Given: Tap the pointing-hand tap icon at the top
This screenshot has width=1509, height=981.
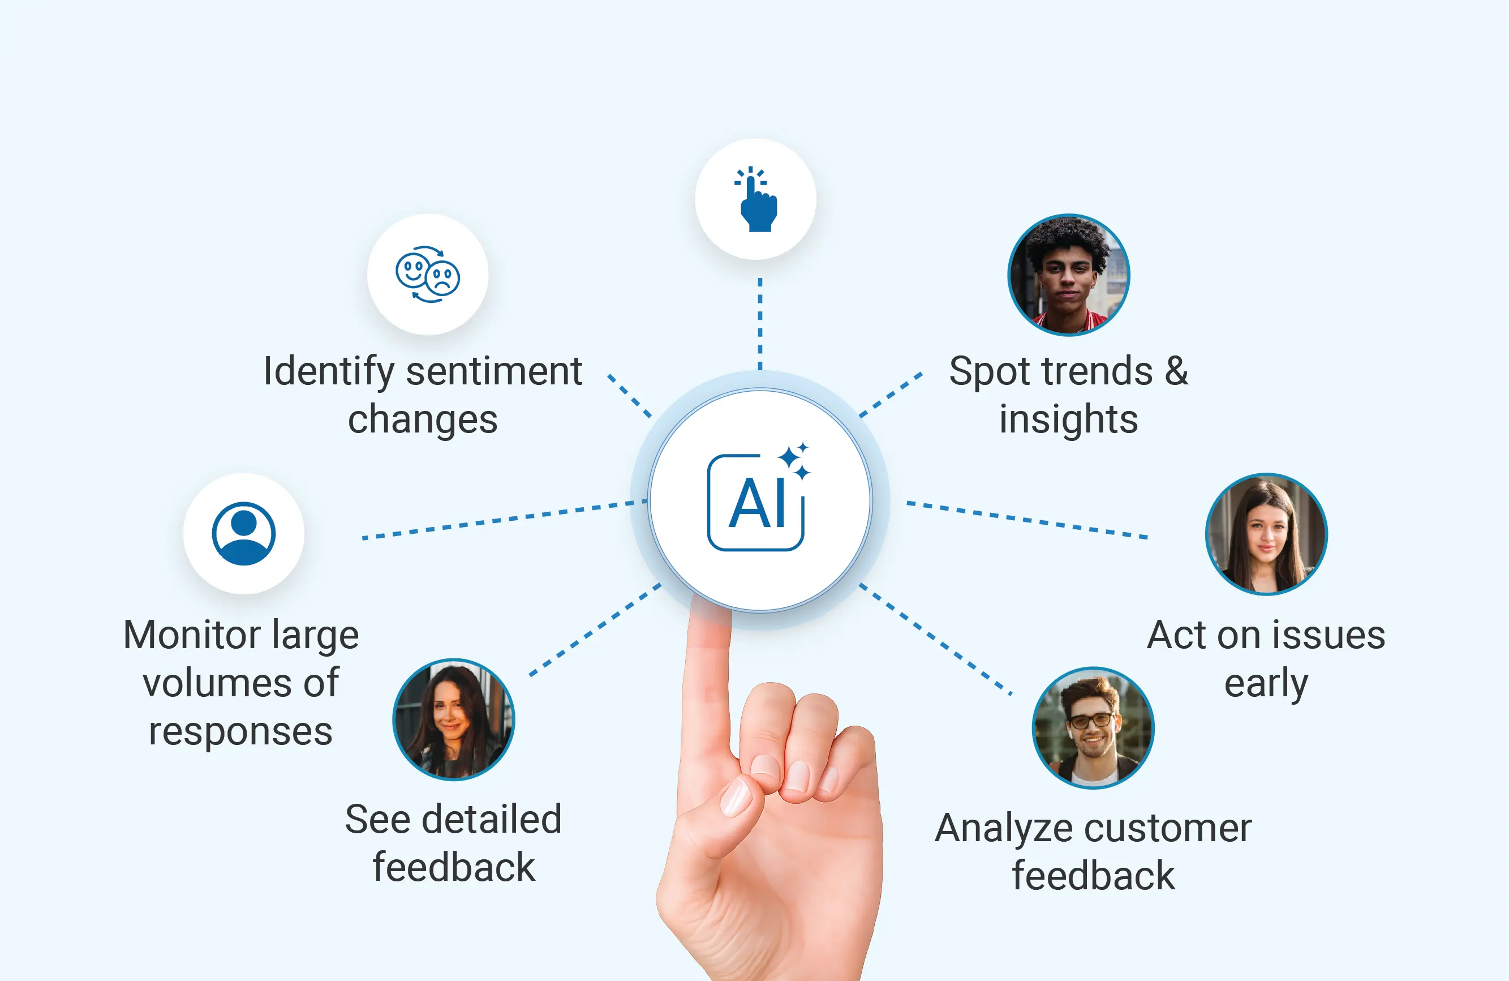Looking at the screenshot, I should (x=756, y=199).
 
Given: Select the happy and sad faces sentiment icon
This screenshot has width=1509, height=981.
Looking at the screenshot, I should (x=428, y=275).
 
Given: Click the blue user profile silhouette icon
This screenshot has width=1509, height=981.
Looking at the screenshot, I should (x=243, y=534).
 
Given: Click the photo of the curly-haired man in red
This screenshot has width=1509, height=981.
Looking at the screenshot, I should (x=1068, y=275).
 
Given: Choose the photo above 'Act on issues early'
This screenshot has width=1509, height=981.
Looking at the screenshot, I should (x=1266, y=534).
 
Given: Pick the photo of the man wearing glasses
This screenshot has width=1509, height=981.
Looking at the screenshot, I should (x=1093, y=727).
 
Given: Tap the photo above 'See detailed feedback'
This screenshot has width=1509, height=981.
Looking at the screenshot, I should (x=453, y=719).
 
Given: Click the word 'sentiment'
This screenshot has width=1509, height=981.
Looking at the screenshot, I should (x=493, y=371).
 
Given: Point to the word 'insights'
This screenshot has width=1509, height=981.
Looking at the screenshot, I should (x=1068, y=420).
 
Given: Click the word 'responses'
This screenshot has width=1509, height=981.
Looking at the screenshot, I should (x=240, y=731).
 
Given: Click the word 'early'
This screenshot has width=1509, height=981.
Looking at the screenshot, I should (x=1266, y=684).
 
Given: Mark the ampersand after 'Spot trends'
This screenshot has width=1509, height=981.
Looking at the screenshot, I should (x=1176, y=371).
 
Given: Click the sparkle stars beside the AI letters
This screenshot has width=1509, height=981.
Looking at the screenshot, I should (x=794, y=460).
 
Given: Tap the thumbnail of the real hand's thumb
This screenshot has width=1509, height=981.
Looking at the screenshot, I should (x=737, y=797).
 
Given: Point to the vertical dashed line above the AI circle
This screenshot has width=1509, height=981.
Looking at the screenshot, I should (x=760, y=323).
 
